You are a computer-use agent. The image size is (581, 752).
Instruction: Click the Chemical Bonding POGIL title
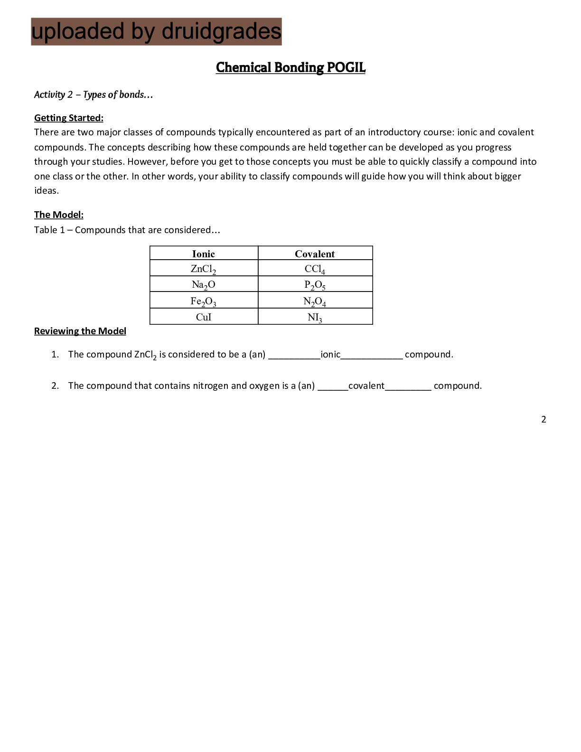tap(290, 67)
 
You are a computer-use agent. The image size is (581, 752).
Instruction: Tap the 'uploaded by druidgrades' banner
tap(156, 32)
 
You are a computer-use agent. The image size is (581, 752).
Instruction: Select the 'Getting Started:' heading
tap(69, 118)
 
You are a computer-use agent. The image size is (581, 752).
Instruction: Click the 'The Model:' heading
tap(59, 215)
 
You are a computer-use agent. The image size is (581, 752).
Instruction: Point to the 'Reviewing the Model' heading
tap(80, 331)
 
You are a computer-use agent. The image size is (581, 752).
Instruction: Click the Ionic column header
tap(204, 254)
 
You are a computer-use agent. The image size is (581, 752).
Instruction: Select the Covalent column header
tap(315, 254)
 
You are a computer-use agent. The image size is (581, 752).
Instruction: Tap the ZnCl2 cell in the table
tap(204, 269)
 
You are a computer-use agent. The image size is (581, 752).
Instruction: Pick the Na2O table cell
tap(204, 285)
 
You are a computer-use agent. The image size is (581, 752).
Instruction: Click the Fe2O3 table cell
tap(204, 301)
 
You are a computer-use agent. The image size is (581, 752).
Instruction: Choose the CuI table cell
tap(204, 317)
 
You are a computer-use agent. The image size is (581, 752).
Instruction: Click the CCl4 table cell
tap(315, 269)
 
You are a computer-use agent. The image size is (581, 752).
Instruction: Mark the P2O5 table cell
tap(315, 285)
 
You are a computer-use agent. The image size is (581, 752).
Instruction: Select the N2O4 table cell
tap(315, 301)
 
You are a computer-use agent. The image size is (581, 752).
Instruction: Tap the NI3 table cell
tap(315, 317)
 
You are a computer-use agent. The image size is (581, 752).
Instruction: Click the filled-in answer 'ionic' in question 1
tap(330, 354)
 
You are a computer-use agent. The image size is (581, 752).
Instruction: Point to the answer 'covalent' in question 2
tap(366, 385)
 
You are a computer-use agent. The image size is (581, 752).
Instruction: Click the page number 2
tap(544, 419)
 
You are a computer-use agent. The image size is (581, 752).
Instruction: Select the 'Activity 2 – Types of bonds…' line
tap(94, 94)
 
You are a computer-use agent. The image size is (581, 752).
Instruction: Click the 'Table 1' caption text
tap(127, 230)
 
